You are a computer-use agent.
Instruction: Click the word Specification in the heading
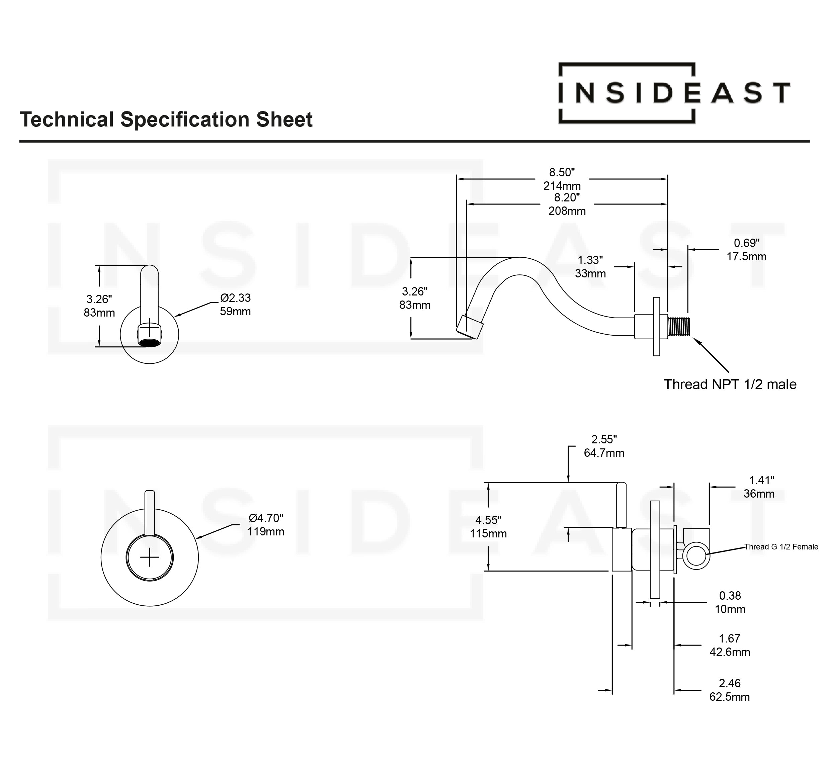click(x=186, y=120)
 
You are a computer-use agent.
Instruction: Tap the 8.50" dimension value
click(x=562, y=172)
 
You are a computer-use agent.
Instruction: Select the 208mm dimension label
click(x=567, y=211)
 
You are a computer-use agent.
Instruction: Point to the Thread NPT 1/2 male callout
click(x=730, y=384)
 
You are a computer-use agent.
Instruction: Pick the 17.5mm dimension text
click(x=746, y=256)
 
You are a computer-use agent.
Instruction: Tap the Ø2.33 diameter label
click(x=236, y=298)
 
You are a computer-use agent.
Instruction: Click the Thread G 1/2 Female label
click(x=781, y=547)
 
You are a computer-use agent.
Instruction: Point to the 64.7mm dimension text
click(x=604, y=453)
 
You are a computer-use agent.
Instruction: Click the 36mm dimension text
click(x=759, y=494)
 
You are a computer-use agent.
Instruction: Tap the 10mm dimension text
click(x=730, y=609)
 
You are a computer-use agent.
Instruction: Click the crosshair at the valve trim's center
click(x=150, y=558)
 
